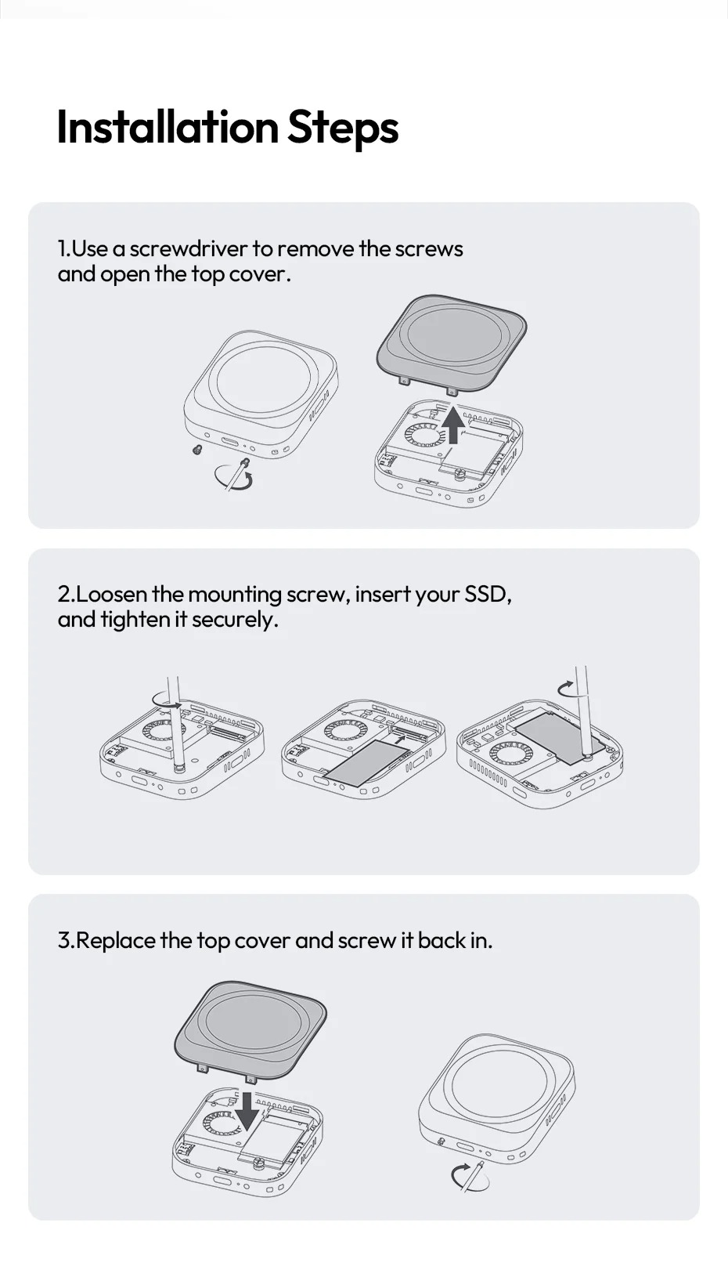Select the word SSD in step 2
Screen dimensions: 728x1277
[x=488, y=595]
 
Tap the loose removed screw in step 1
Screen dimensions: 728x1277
[x=197, y=450]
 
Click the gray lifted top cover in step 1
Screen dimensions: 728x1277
[x=452, y=343]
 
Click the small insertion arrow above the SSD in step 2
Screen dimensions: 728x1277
[x=402, y=738]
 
